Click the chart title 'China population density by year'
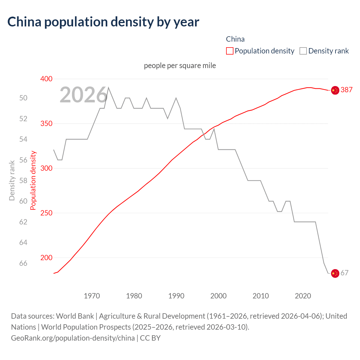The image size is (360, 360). pyautogui.click(x=103, y=22)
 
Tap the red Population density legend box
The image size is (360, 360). pyautogui.click(x=229, y=51)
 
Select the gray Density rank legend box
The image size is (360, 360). pyautogui.click(x=303, y=51)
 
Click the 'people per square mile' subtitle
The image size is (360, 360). pyautogui.click(x=180, y=66)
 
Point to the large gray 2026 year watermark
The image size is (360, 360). pyautogui.click(x=84, y=95)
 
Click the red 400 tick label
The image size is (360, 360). pyautogui.click(x=46, y=79)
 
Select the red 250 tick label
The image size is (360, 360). pyautogui.click(x=46, y=213)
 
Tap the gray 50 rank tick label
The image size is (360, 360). pyautogui.click(x=23, y=98)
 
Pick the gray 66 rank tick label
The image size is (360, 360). pyautogui.click(x=23, y=263)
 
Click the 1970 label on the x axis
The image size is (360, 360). pyautogui.click(x=92, y=296)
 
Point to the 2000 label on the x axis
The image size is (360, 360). pyautogui.click(x=219, y=296)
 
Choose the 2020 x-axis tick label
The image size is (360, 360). pyautogui.click(x=303, y=296)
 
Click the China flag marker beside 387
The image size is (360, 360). pyautogui.click(x=335, y=90)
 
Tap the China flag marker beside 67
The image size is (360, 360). pyautogui.click(x=335, y=273)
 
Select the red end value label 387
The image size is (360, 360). pyautogui.click(x=346, y=90)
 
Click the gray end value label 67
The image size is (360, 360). pyautogui.click(x=345, y=273)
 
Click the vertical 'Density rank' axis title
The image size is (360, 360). pyautogui.click(x=12, y=181)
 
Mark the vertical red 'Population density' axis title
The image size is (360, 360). pyautogui.click(x=33, y=181)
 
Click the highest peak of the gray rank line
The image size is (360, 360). pyautogui.click(x=109, y=87)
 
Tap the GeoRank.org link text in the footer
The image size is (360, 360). pyautogui.click(x=73, y=338)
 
